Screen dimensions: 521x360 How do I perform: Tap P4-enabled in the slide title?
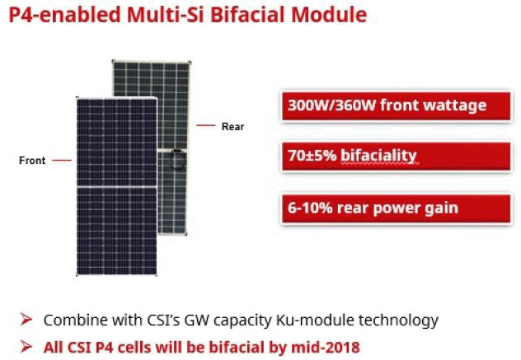pos(64,15)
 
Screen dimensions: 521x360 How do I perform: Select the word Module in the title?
pos(329,15)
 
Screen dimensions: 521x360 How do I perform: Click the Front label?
pos(32,161)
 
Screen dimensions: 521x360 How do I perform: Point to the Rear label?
pos(232,127)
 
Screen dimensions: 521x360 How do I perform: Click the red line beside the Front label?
pos(62,160)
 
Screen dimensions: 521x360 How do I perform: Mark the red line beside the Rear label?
pos(205,125)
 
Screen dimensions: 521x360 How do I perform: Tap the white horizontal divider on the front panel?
pos(116,187)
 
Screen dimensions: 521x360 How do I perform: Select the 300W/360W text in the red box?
pos(332,105)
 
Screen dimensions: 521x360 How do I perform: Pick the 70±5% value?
pos(312,156)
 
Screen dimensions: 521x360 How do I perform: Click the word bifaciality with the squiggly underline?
pos(378,156)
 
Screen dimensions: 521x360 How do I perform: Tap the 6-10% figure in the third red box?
pos(310,208)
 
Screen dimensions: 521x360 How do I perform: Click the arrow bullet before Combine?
pos(26,320)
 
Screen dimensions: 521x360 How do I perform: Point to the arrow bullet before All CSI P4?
pos(26,347)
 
